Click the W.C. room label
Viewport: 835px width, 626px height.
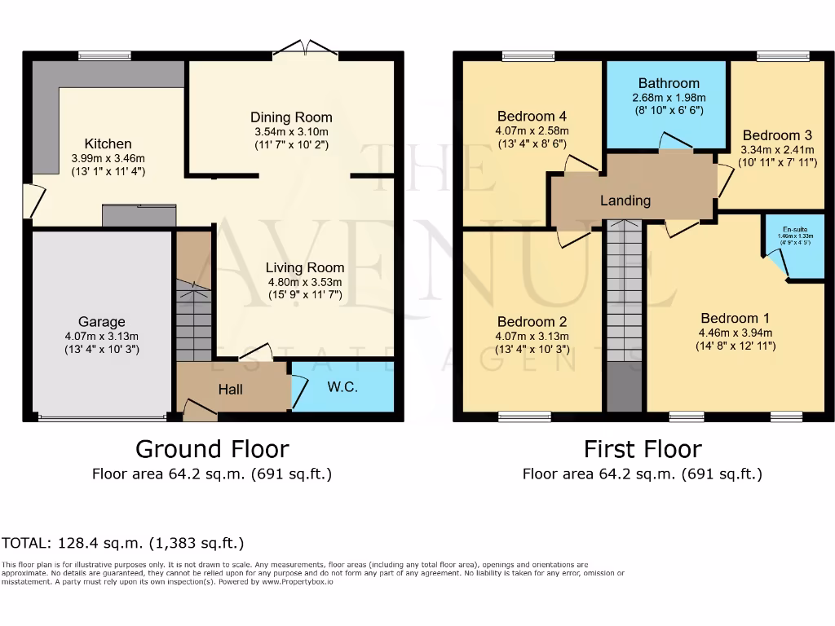[x=342, y=387]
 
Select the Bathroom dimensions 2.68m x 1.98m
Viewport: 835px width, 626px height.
[x=669, y=97]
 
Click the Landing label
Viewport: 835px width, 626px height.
[x=625, y=201]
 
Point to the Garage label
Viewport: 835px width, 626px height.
[x=102, y=321]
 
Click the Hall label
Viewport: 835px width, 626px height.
[x=231, y=390]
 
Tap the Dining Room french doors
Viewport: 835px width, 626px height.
[x=305, y=49]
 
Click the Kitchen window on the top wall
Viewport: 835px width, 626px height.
[x=105, y=55]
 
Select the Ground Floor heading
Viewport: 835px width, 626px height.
[x=212, y=449]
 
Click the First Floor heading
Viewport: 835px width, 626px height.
[x=643, y=449]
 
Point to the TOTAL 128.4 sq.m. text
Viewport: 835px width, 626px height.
[x=122, y=543]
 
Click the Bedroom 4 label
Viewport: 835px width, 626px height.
[x=532, y=116]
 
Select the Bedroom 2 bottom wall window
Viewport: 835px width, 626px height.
[x=524, y=417]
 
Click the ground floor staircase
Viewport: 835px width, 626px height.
[x=194, y=310]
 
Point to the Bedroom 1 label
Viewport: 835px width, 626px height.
[x=735, y=318]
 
